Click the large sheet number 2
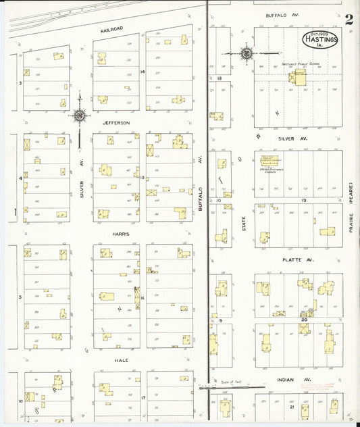349,20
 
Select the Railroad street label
111,30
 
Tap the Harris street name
122,234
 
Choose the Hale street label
122,360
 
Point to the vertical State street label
244,223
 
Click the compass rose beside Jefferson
80,116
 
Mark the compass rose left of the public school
247,52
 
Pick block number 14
143,71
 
